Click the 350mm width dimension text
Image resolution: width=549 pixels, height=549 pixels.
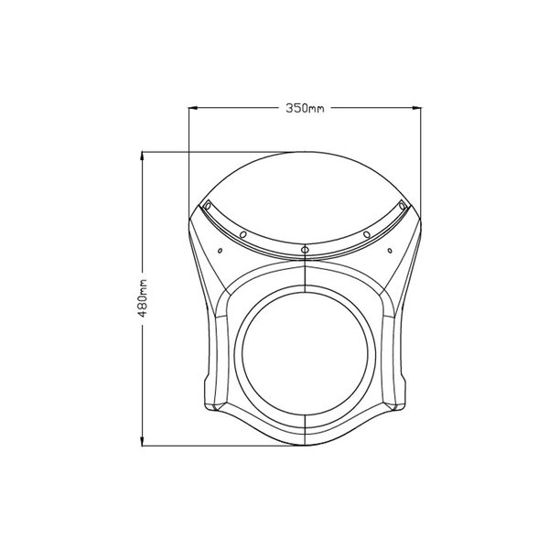coord(305,108)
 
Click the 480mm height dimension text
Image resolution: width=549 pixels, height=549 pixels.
coord(142,298)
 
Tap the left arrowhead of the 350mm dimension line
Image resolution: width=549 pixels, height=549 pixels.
coord(194,108)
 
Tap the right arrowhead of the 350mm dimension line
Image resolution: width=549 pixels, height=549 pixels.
coord(416,108)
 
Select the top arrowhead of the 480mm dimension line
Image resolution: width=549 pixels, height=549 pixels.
coord(142,156)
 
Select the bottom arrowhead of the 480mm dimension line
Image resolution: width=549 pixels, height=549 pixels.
coord(142,441)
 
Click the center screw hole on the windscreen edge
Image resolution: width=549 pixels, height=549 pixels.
coord(305,250)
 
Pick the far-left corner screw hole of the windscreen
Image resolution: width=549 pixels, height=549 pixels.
coord(208,205)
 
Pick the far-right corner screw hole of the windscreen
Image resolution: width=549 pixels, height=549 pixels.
coord(403,204)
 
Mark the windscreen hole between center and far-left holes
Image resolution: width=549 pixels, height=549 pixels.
coord(243,234)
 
